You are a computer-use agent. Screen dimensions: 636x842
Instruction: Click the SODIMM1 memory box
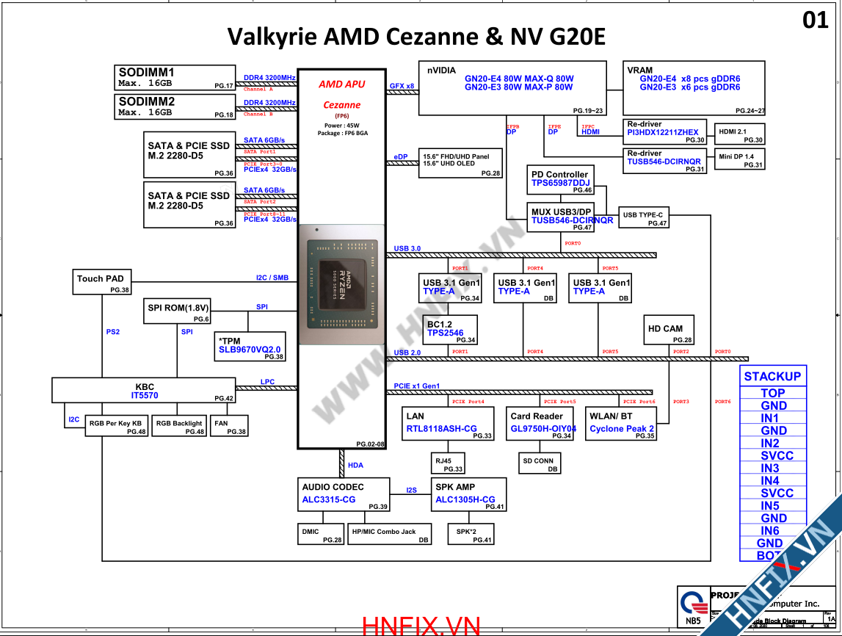[x=175, y=78]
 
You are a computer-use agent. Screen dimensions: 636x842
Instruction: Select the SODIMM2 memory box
[x=175, y=106]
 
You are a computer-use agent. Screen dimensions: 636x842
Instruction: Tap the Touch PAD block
[x=101, y=282]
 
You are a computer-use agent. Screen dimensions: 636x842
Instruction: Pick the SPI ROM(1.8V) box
[x=178, y=312]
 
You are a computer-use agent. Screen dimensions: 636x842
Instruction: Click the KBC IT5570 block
[x=143, y=390]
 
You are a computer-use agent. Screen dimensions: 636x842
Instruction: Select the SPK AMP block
[x=468, y=494]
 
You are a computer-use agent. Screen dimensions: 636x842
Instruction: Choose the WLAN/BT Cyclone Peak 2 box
[x=621, y=423]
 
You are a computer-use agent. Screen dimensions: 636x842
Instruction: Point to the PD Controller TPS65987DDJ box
[x=559, y=180]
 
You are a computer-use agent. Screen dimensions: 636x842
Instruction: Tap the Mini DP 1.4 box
[x=739, y=159]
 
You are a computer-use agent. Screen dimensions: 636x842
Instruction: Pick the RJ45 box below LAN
[x=449, y=463]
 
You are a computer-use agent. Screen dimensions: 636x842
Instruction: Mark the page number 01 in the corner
[x=815, y=21]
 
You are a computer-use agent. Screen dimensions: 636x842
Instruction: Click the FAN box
[x=229, y=426]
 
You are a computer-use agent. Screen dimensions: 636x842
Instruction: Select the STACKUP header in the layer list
[x=772, y=376]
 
